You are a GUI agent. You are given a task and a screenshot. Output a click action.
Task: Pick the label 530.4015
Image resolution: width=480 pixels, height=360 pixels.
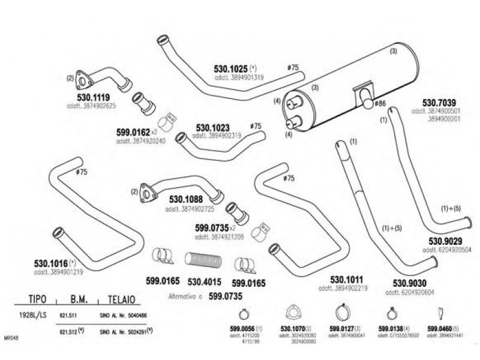pyautogui.click(x=205, y=280)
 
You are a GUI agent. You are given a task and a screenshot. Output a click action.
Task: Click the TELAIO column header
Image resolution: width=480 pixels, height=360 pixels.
pyautogui.click(x=124, y=298)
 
